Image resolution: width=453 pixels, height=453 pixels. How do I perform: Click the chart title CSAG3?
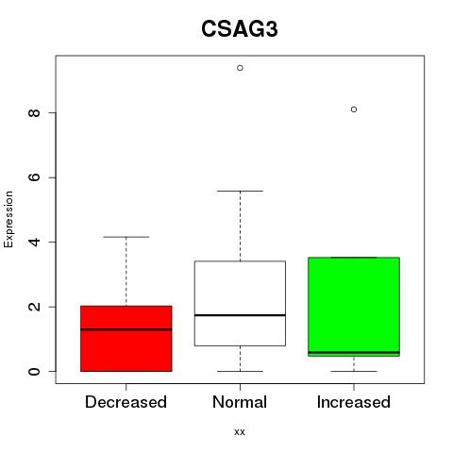tap(240, 29)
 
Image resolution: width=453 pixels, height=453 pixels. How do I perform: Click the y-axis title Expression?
tap(8, 219)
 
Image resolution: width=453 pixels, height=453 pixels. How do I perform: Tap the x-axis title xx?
tap(240, 432)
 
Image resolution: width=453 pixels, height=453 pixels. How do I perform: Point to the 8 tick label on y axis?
tap(34, 112)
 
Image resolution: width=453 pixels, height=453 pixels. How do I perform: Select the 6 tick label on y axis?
tap(34, 177)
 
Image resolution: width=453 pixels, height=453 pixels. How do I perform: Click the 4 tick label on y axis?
tap(34, 242)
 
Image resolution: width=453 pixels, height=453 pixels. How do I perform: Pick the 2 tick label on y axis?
tap(34, 307)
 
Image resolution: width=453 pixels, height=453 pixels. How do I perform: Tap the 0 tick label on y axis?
tap(34, 371)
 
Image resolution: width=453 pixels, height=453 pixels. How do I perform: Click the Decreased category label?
tap(126, 402)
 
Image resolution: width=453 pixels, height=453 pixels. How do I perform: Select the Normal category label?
tap(240, 402)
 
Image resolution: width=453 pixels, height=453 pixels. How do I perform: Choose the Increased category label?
tap(354, 402)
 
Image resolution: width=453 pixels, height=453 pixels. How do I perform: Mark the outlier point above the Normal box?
tap(240, 68)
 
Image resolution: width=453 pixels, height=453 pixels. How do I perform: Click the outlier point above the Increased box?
tap(354, 109)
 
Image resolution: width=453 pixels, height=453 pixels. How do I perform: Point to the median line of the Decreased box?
tap(126, 329)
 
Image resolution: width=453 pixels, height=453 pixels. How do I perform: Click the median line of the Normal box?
tap(240, 315)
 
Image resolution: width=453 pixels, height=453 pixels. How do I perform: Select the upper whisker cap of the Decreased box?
tap(126, 237)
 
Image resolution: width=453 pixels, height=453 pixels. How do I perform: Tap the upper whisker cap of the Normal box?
tap(240, 191)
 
